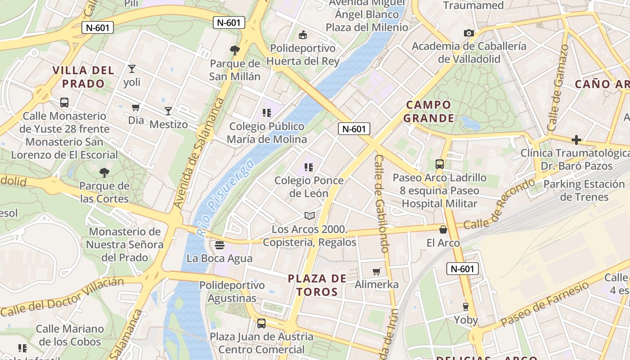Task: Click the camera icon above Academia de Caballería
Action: coord(469,33)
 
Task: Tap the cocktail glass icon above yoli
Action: coord(132,69)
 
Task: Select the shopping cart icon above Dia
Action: coord(135,107)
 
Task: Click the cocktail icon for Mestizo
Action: coord(168,111)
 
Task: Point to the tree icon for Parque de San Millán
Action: coord(234,50)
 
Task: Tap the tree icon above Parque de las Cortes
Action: coord(104,172)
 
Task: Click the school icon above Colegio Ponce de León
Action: coord(309,167)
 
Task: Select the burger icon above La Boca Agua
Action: coord(220,245)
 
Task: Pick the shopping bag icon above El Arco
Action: coord(443,229)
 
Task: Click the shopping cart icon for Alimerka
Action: coord(377,271)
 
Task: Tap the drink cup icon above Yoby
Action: coord(466,307)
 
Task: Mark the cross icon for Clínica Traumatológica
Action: coord(576,140)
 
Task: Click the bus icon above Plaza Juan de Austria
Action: coord(261,323)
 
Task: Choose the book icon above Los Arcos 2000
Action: coord(309,216)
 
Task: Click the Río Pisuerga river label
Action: coord(225,198)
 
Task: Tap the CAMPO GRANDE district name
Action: coord(428,112)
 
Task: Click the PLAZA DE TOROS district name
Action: coord(317,285)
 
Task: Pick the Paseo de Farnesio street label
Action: coord(544,304)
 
